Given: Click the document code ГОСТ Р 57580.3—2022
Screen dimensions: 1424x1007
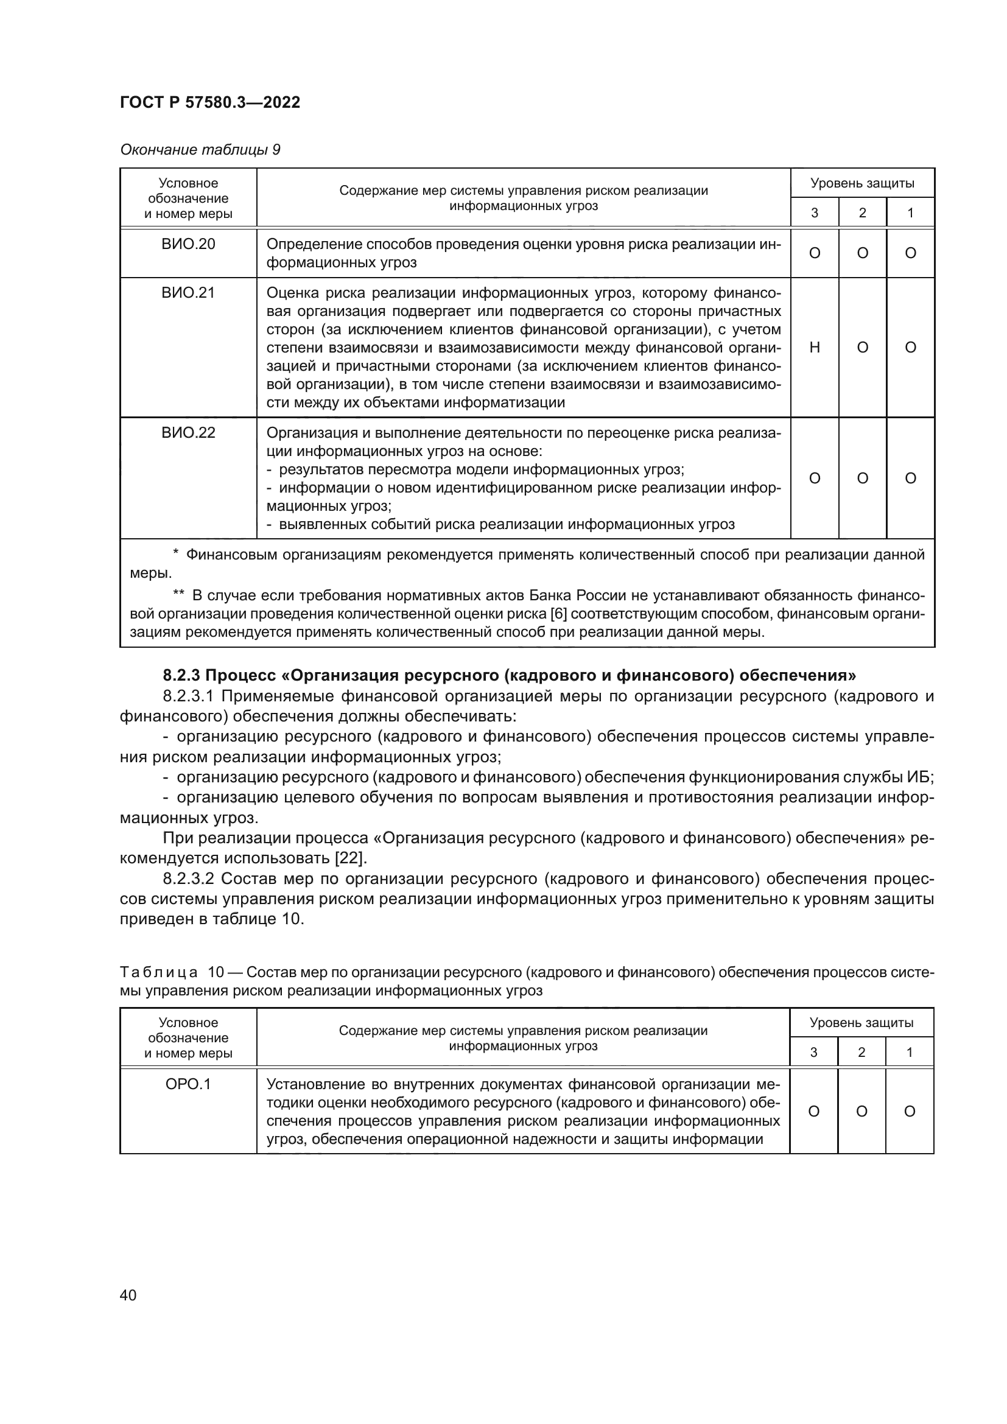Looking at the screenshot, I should click(x=209, y=102).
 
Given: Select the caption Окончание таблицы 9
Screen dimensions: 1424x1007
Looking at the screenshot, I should click(x=200, y=150).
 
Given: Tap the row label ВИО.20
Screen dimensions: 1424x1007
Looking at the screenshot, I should click(x=188, y=244).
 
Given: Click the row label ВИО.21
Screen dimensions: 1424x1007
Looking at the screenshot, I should click(x=188, y=293).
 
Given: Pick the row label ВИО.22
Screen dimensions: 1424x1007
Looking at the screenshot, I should click(x=188, y=432).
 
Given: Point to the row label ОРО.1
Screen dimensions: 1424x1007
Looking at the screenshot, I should click(x=188, y=1084).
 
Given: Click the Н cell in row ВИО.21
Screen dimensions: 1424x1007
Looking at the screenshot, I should click(x=814, y=347).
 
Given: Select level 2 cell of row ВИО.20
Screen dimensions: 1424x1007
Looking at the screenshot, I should click(x=862, y=253).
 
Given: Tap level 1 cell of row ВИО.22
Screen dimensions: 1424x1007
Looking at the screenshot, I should click(x=910, y=477).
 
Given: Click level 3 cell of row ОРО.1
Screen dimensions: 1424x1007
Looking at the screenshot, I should click(x=813, y=1111).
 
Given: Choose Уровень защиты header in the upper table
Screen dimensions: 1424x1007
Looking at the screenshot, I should click(x=862, y=183).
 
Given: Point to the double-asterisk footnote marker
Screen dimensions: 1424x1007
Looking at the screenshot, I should click(x=178, y=595).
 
